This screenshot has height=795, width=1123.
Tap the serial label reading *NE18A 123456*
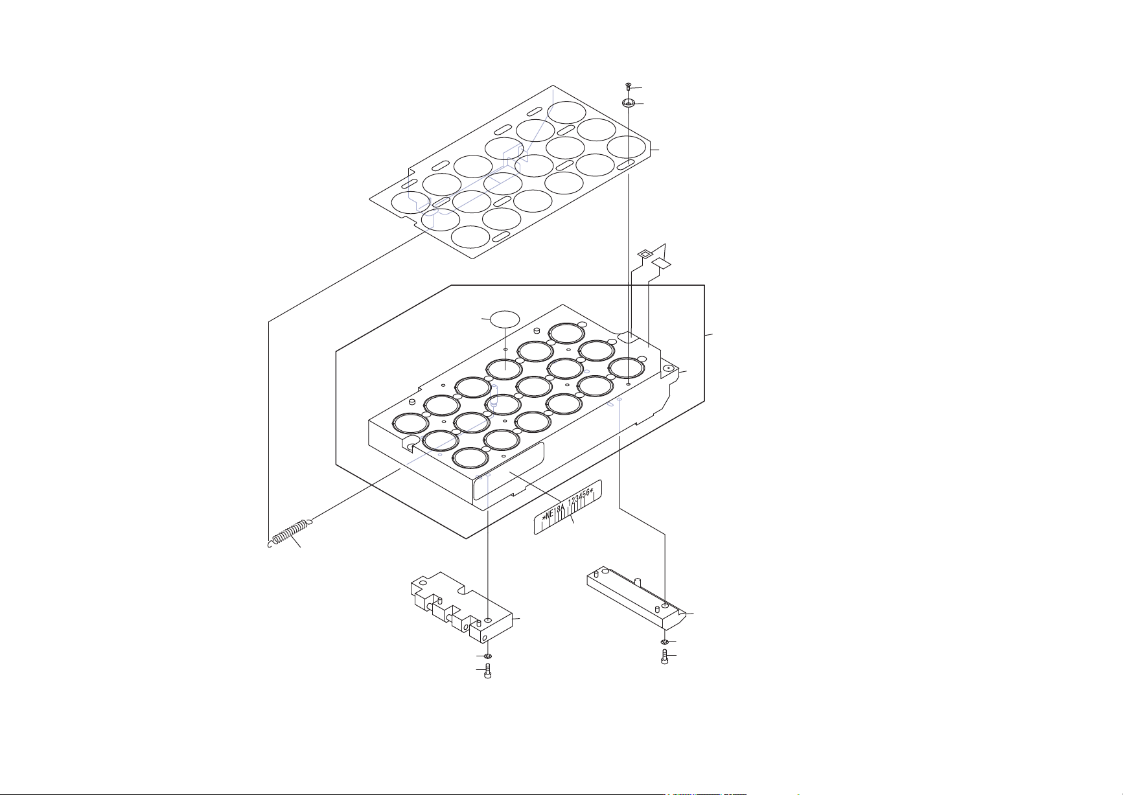click(x=568, y=507)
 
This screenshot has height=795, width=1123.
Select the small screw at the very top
click(x=629, y=86)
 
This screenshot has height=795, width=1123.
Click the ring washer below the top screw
click(x=629, y=103)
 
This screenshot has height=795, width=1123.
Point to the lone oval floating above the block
click(x=505, y=319)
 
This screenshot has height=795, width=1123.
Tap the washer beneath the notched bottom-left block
click(x=488, y=656)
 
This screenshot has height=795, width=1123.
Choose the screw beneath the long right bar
click(x=665, y=658)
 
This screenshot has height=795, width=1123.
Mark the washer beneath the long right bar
click(x=665, y=642)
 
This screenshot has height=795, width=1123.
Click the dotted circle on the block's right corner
click(x=668, y=369)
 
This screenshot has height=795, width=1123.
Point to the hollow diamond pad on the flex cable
click(x=645, y=253)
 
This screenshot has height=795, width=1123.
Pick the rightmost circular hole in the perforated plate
click(x=627, y=147)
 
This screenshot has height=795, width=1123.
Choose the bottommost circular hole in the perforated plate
click(x=471, y=236)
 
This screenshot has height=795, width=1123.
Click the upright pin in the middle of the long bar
click(x=638, y=581)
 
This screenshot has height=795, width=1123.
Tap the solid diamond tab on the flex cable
click(x=661, y=263)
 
